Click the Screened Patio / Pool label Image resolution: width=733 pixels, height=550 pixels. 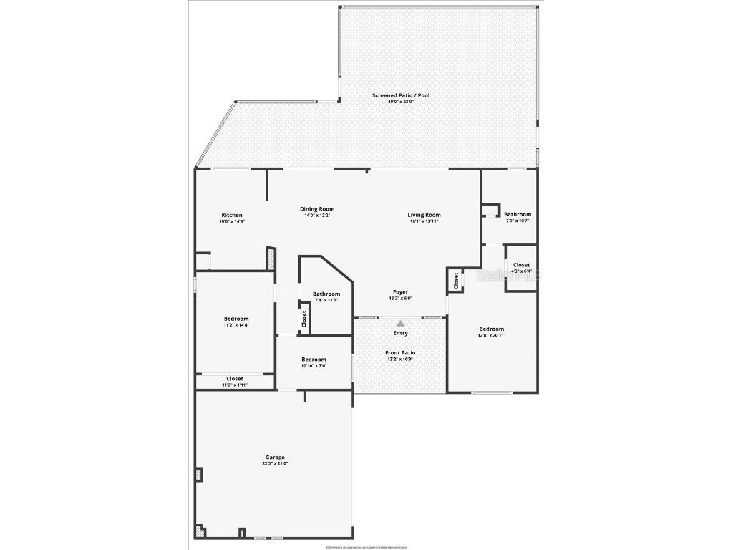point(400,95)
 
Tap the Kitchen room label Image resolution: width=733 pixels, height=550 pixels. point(232,215)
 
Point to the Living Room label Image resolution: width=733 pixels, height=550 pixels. point(424,215)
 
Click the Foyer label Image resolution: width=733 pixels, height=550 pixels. point(400,292)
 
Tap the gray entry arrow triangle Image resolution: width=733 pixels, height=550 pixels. point(400,323)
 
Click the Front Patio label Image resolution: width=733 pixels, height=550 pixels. point(400,353)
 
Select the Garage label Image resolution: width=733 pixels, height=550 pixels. point(275,458)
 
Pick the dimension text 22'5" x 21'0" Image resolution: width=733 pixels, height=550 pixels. point(275,464)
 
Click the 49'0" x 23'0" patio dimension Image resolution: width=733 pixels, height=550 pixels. point(400,102)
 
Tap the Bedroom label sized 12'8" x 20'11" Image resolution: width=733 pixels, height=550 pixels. point(492,329)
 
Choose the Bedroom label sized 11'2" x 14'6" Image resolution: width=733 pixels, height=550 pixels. point(236,319)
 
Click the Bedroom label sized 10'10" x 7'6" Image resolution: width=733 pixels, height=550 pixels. point(314,360)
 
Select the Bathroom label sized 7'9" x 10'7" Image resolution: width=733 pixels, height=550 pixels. point(518,214)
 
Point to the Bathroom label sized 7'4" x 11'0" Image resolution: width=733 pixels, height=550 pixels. point(326,294)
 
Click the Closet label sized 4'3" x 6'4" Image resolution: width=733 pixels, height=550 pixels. point(521,265)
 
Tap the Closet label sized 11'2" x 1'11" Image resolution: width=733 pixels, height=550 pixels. point(235,379)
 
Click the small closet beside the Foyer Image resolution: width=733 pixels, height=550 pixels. point(456,281)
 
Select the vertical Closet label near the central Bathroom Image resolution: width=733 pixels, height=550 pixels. point(304,319)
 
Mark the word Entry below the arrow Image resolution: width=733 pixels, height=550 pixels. point(400,333)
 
